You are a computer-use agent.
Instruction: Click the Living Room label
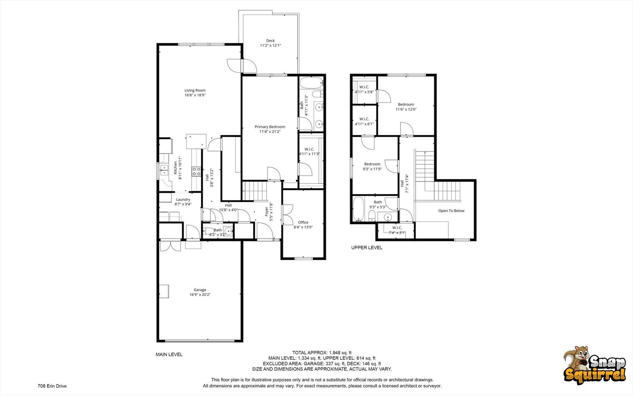coord(195,90)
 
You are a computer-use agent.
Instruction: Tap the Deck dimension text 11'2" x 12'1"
coord(271,45)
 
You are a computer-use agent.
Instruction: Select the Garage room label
coord(200,290)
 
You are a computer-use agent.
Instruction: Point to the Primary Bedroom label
coord(270,127)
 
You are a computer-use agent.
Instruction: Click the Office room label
coord(303,222)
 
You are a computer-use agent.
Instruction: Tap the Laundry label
coord(183,199)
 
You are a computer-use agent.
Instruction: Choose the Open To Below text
coord(451,211)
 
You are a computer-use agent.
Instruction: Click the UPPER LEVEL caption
coord(367,247)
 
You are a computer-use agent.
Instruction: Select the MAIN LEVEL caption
coord(169,355)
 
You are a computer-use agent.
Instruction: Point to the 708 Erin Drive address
coord(52,386)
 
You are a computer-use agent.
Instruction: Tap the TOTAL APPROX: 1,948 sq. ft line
coord(322,353)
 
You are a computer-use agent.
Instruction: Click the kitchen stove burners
coord(197,171)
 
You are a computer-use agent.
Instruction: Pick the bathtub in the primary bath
coord(311,82)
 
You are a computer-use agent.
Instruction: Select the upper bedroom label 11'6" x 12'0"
coord(406,109)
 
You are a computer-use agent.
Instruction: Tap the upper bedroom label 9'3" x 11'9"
coord(372,169)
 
